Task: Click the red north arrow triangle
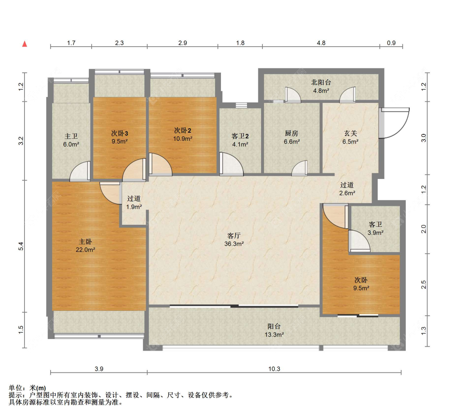coord(25,44)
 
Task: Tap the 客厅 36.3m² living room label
coord(234,240)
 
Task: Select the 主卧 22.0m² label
coord(85,246)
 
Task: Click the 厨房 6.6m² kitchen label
coord(292,138)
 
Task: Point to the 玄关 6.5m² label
coord(350,138)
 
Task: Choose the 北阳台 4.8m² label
coord(321,86)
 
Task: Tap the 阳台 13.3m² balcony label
coord(274,331)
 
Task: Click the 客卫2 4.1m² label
coord(240,140)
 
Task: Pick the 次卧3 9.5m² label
coord(120,138)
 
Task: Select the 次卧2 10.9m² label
coord(183,134)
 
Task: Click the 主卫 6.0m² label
coord(71,140)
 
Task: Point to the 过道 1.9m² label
coord(134,203)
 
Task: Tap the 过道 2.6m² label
coord(347,189)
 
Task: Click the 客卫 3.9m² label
coord(375,228)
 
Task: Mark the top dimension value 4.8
coord(321,43)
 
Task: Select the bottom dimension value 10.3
coord(274,369)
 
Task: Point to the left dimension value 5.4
coord(21,246)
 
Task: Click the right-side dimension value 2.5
coord(423,285)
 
